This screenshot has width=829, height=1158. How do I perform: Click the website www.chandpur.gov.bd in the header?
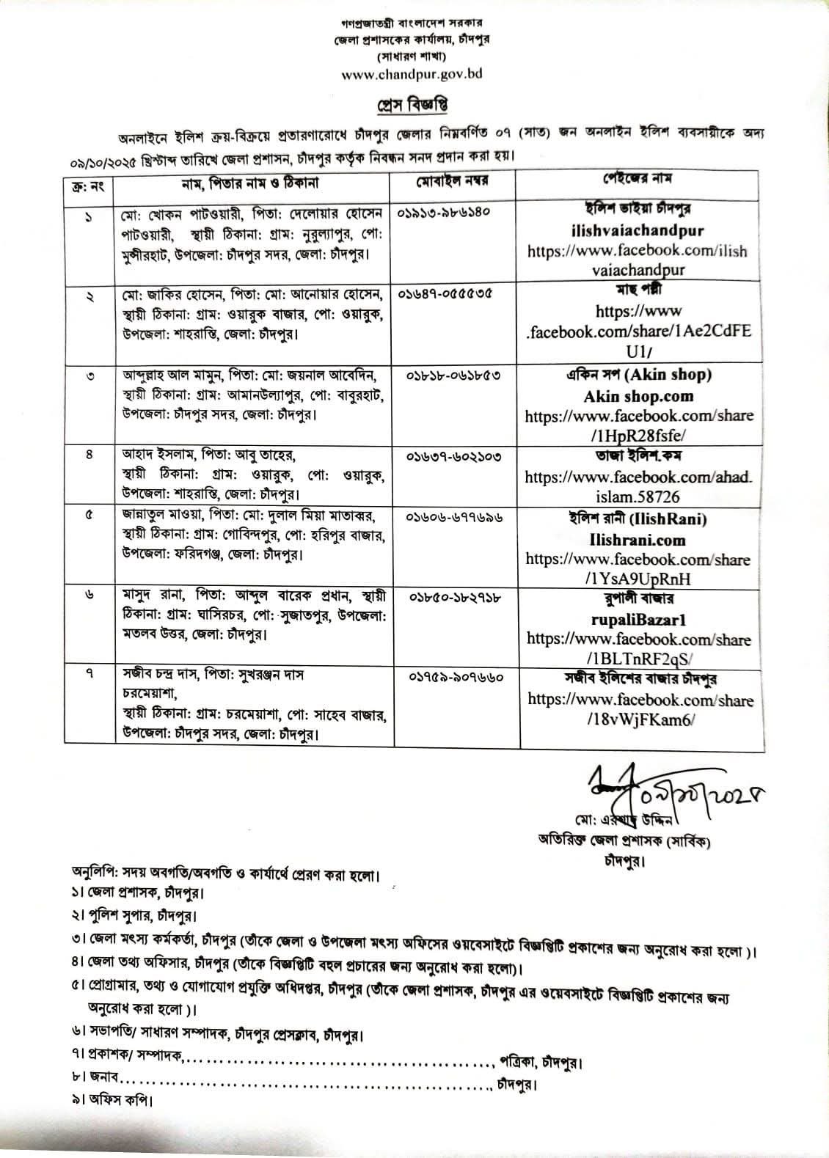[412, 74]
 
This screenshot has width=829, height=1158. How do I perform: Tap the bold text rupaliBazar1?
[638, 620]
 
